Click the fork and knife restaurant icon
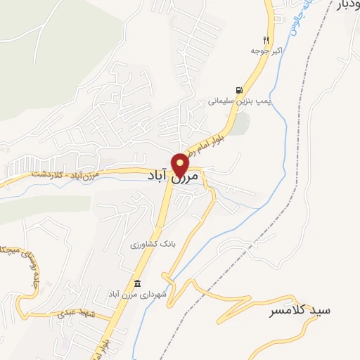point(265,39)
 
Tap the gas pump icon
point(240,89)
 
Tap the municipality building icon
point(137,283)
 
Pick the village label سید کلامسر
point(299,310)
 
